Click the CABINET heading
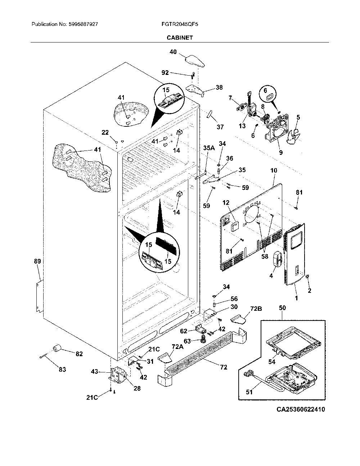click(180, 37)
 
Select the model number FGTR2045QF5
click(180, 24)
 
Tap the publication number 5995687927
click(84, 24)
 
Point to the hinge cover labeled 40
click(194, 61)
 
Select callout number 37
click(220, 127)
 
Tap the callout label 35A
click(209, 148)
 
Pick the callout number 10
click(274, 170)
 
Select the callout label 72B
click(256, 309)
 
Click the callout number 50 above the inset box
click(283, 308)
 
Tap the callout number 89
click(37, 261)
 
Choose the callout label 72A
click(177, 346)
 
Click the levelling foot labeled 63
click(202, 341)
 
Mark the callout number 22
click(105, 133)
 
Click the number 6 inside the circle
click(265, 90)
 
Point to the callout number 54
click(272, 362)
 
